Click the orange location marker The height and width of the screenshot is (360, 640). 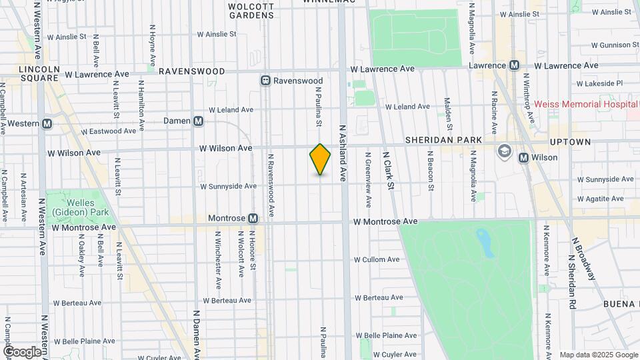point(320,159)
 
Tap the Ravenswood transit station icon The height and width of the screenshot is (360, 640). point(265,81)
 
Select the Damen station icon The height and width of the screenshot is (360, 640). point(198,121)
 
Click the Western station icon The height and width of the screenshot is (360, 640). point(47,123)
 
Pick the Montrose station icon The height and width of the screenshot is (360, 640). point(253,218)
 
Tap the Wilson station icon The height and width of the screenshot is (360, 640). point(523,158)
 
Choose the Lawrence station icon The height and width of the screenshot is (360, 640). point(514,65)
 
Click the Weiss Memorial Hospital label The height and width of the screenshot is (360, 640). point(585,104)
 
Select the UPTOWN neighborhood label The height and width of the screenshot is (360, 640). point(570,142)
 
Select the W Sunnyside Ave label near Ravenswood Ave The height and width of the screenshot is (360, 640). point(228,187)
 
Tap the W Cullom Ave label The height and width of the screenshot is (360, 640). point(377,259)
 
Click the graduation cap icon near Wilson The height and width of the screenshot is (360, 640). point(504,150)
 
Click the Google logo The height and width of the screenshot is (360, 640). point(22,351)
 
